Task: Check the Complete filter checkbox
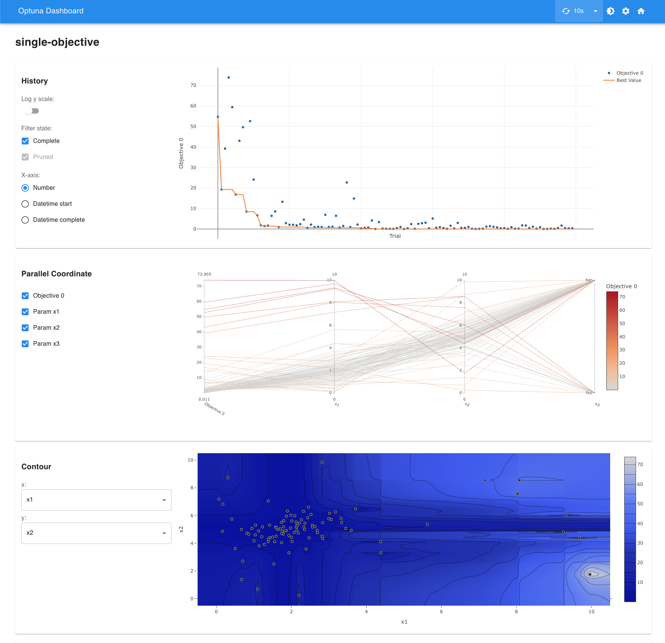pyautogui.click(x=25, y=141)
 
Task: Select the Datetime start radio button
pyautogui.click(x=25, y=204)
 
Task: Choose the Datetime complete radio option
pyautogui.click(x=25, y=220)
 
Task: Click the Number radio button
pyautogui.click(x=25, y=188)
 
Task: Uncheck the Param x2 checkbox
pyautogui.click(x=25, y=328)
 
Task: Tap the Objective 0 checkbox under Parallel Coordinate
pyautogui.click(x=25, y=296)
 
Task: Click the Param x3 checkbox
pyautogui.click(x=25, y=344)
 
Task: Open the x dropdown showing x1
pyautogui.click(x=96, y=500)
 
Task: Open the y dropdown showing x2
pyautogui.click(x=96, y=533)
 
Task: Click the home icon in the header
pyautogui.click(x=641, y=11)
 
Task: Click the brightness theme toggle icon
pyautogui.click(x=611, y=11)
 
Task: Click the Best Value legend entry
pyautogui.click(x=628, y=80)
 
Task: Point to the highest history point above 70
pyautogui.click(x=229, y=77)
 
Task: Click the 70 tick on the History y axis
pyautogui.click(x=193, y=85)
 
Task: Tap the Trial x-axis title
pyautogui.click(x=395, y=236)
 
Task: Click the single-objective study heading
pyautogui.click(x=57, y=42)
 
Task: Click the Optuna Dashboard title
pyautogui.click(x=51, y=11)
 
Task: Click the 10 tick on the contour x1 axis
pyautogui.click(x=591, y=612)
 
